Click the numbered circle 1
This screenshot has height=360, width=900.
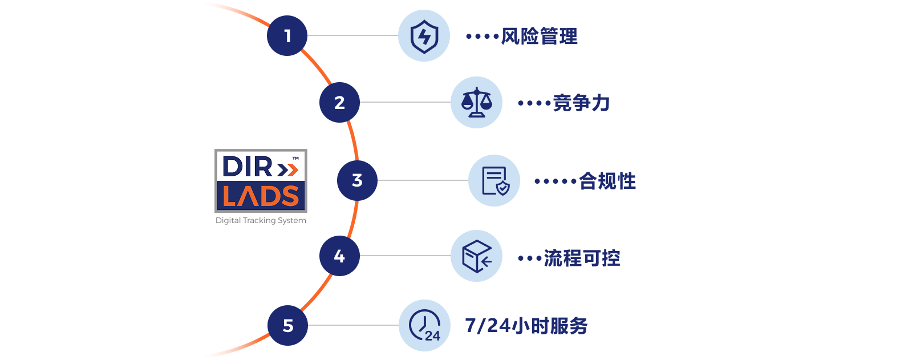click(287, 36)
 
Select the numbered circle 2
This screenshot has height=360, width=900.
click(339, 103)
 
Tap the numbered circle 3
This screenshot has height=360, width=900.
click(357, 180)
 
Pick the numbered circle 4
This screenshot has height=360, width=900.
click(339, 256)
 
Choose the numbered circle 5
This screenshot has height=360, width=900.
click(287, 325)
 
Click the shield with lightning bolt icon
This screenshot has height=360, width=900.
click(424, 36)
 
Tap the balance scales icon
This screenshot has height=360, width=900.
click(476, 103)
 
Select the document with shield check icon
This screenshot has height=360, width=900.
click(494, 180)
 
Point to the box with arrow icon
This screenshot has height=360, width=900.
click(476, 256)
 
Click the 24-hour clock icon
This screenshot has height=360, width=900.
click(424, 325)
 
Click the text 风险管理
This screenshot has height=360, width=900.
click(539, 37)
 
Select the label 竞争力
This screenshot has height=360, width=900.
click(581, 103)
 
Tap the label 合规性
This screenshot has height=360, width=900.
click(607, 181)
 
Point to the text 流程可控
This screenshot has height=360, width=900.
click(582, 258)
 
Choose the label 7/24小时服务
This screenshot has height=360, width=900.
click(526, 326)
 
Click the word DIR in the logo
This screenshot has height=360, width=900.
click(248, 167)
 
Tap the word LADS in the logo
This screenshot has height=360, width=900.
click(261, 197)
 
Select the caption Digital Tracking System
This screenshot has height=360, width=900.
click(261, 220)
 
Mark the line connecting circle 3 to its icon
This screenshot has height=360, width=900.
click(423, 180)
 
